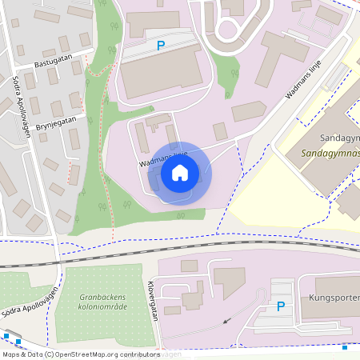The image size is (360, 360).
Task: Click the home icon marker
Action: pos(180,172)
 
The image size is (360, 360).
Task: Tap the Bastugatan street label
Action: pos(54,62)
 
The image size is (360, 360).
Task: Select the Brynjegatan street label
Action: pos(57,118)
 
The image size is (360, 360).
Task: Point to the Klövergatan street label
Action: pos(152,300)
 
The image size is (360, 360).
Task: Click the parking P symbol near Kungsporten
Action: pos(280,306)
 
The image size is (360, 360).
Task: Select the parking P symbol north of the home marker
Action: pos(161,46)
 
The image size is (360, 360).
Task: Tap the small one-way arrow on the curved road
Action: pos(225,321)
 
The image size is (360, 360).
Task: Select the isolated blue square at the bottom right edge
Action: pos(345,347)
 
